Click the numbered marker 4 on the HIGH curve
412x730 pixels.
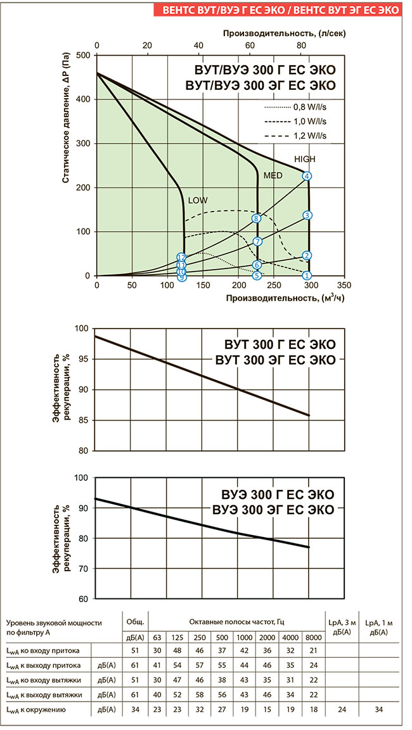[307, 176]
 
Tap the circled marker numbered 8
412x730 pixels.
[256, 218]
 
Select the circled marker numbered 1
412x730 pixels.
[307, 275]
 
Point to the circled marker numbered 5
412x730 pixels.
[257, 275]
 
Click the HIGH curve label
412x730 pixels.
[304, 160]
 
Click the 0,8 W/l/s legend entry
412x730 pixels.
[310, 106]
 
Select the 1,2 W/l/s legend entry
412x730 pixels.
[310, 135]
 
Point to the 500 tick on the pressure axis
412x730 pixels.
[84, 55]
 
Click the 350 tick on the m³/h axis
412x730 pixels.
[344, 286]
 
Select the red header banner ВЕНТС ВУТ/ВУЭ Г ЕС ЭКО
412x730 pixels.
[281, 10]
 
